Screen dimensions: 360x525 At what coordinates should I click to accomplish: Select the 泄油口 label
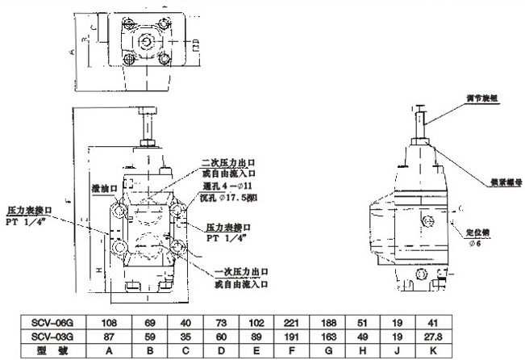coord(106,187)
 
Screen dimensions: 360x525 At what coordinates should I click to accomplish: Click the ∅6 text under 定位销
coord(476,244)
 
